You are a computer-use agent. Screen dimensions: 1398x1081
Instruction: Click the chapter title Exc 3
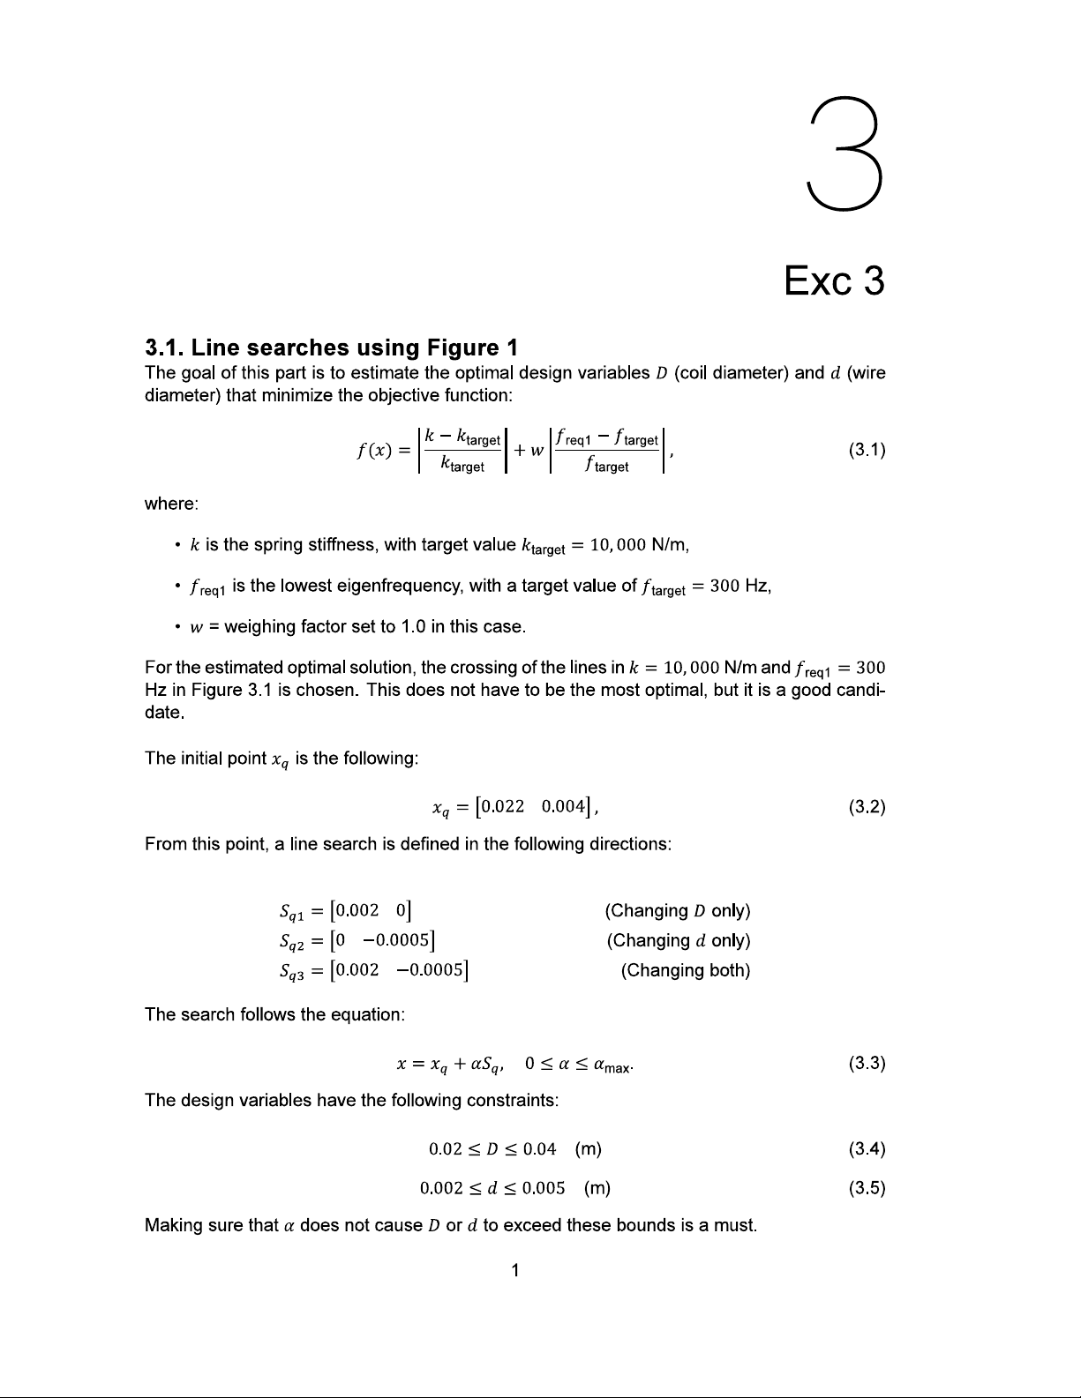(x=834, y=281)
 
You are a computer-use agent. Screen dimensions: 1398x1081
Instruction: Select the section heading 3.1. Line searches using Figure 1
(x=331, y=348)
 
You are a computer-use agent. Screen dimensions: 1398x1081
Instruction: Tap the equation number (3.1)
(x=867, y=451)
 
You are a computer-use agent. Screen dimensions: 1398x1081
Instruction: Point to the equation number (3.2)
(x=867, y=806)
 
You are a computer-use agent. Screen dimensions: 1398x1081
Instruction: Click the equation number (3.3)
(x=867, y=1063)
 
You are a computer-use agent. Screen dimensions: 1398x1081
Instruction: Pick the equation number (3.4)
(x=867, y=1148)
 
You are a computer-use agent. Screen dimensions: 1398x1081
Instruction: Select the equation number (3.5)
(x=867, y=1187)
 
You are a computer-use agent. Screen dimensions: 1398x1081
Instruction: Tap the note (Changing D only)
(x=677, y=910)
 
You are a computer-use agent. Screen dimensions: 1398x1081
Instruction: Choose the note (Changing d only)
(x=678, y=940)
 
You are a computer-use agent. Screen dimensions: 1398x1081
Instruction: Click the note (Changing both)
(x=685, y=970)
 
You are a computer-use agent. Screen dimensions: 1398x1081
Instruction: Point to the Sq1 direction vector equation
(x=345, y=910)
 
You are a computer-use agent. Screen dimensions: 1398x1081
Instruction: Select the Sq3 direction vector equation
(x=372, y=970)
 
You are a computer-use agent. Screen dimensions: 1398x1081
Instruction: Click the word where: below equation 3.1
(x=171, y=504)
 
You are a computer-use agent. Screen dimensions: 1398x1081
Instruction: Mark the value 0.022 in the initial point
(x=504, y=806)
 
